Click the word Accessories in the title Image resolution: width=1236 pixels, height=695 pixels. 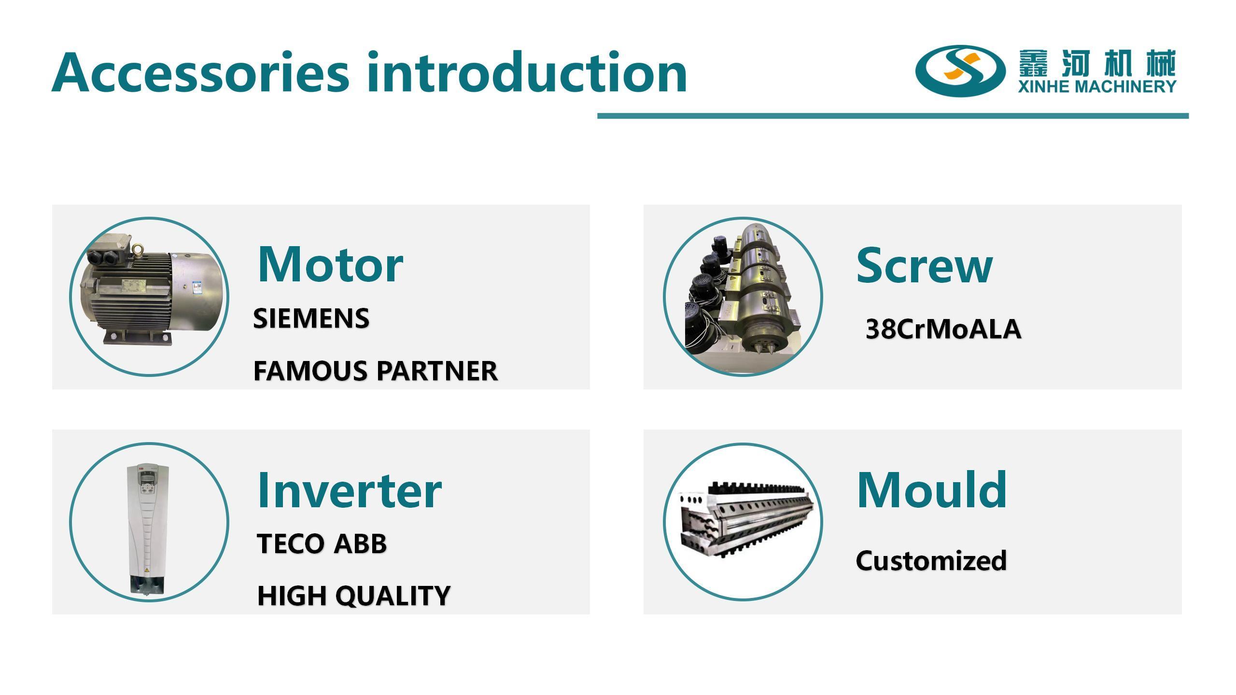click(200, 72)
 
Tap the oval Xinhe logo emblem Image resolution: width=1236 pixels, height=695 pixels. click(960, 70)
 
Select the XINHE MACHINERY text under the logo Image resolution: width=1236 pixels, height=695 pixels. click(1097, 86)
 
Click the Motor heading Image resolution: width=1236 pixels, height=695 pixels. click(331, 264)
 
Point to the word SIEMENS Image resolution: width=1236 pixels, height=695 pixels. click(311, 319)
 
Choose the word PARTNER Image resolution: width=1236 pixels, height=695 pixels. click(437, 371)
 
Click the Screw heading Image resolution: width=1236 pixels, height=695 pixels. click(925, 265)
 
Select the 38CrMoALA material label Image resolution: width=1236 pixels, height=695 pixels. click(943, 329)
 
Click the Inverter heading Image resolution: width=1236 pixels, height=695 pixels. click(350, 490)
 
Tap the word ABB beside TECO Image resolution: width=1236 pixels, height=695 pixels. click(360, 544)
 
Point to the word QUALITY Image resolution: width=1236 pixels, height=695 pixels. click(393, 596)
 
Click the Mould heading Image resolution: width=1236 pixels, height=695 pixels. click(932, 490)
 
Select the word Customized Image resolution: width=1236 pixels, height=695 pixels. click(931, 561)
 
